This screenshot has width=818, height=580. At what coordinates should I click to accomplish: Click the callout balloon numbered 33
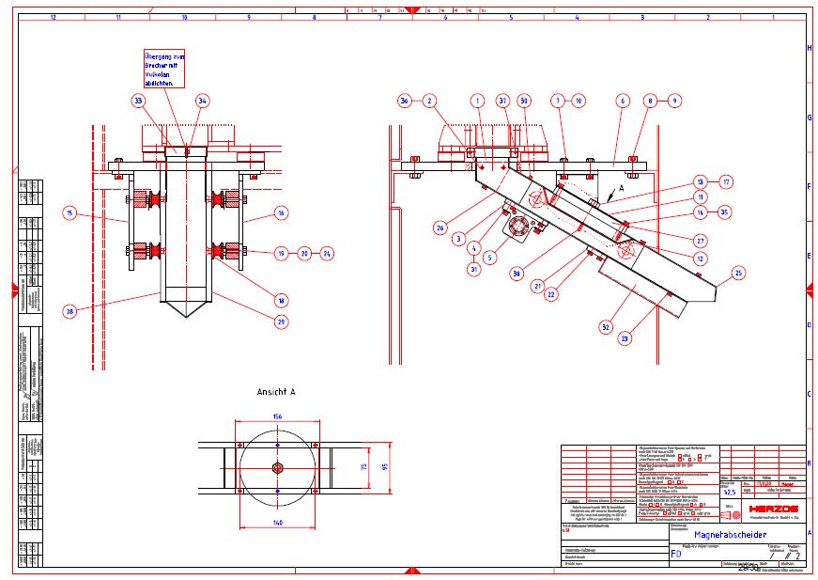click(139, 101)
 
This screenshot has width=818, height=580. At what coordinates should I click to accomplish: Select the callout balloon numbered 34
click(203, 101)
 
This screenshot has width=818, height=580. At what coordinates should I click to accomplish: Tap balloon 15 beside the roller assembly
click(69, 213)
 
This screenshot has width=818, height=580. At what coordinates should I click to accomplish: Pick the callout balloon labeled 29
click(281, 321)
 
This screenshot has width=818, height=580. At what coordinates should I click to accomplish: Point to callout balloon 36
click(404, 101)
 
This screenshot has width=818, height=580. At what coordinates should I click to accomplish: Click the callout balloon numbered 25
click(738, 274)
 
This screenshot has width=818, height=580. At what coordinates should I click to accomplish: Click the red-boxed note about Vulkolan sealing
click(165, 71)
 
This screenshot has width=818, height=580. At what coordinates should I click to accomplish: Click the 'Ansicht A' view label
click(276, 391)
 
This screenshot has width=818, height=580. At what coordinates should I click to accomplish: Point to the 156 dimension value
click(277, 415)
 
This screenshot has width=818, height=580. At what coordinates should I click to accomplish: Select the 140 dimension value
click(277, 522)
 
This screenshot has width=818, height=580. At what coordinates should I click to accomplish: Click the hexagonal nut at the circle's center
click(277, 467)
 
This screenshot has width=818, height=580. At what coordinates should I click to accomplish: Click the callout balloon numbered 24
click(327, 253)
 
